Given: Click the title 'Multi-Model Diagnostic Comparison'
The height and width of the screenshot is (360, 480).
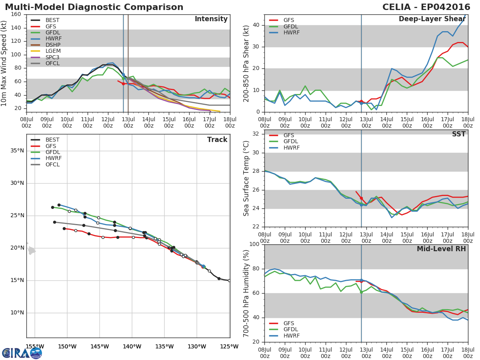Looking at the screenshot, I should [x=94, y=7].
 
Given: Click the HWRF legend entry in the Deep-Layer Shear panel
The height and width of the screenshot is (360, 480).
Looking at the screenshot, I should [x=291, y=32].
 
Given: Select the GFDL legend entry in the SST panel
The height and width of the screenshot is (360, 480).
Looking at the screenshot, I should [x=291, y=142].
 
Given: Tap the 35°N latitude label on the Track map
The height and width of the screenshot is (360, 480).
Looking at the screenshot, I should [x=17, y=151].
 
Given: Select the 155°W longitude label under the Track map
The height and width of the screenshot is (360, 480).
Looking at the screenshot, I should [x=35, y=346].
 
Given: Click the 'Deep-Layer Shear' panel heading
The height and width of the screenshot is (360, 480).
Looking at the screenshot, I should [x=432, y=19].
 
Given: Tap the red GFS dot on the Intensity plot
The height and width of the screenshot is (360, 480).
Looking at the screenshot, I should [x=123, y=84].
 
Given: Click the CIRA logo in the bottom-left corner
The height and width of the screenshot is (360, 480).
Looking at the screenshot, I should [x=22, y=353].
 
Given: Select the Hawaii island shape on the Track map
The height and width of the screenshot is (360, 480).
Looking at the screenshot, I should [x=32, y=251].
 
